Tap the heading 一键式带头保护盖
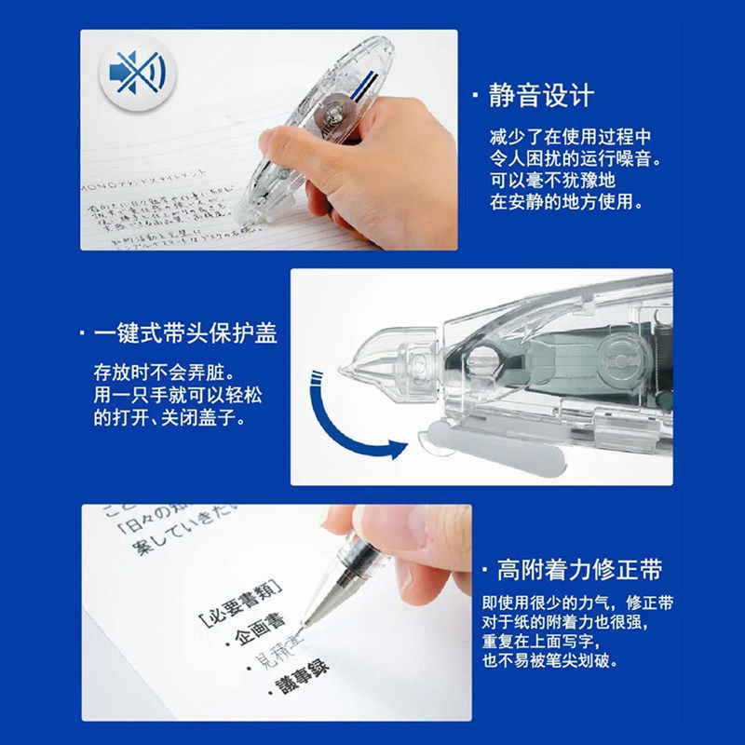tap(185, 332)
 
